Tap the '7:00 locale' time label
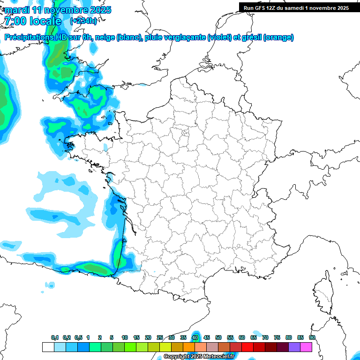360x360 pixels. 33,21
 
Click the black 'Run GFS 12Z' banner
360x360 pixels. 296,7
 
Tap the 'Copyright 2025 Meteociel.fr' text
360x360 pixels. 199,357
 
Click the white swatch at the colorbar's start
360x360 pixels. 48,347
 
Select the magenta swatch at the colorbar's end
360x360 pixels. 306,347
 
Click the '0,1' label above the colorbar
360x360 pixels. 55,338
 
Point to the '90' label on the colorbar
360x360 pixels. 312,338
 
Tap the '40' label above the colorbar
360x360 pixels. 195,338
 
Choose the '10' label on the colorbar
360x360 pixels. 125,338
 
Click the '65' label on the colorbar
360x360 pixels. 254,338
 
